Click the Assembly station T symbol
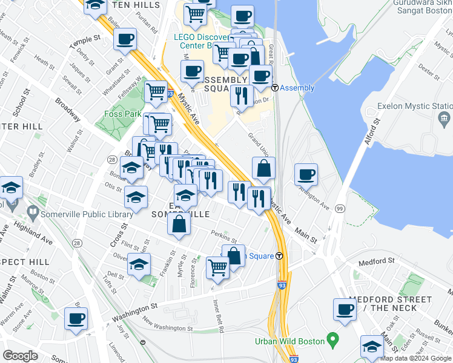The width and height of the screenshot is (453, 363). coord(274,88)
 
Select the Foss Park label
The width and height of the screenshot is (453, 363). coord(122,114)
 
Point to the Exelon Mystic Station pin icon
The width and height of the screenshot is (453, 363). coord(445,117)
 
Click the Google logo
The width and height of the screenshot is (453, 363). coord(20,356)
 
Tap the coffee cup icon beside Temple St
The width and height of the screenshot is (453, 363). coord(125,40)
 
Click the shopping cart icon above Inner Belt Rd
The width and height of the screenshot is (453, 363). coord(217,267)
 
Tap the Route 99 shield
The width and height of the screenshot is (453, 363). coord(340,209)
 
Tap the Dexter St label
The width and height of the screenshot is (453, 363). coord(428,73)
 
